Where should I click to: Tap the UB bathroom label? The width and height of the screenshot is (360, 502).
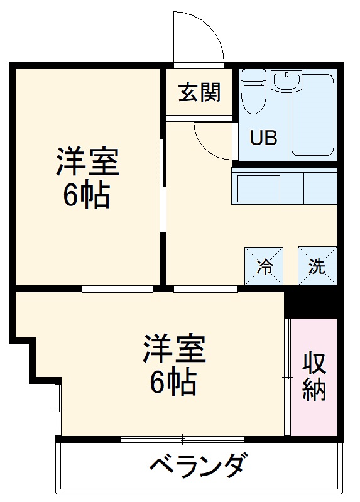[x=264, y=138]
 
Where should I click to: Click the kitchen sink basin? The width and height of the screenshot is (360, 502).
[x=258, y=187]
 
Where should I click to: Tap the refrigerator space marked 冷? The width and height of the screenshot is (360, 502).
[x=264, y=266]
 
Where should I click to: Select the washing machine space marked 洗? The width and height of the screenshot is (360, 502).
[x=317, y=266]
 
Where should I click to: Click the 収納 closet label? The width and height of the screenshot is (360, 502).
[x=314, y=377]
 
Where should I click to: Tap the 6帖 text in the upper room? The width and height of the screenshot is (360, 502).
[x=87, y=196]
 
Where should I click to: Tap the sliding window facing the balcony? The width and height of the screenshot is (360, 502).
[x=182, y=439]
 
